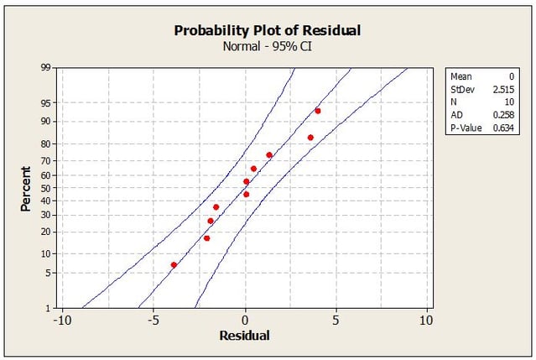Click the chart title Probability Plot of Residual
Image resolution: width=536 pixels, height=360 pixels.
click(x=267, y=30)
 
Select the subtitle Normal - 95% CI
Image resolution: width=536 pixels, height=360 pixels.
click(x=267, y=47)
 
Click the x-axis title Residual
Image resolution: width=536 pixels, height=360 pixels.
click(x=244, y=336)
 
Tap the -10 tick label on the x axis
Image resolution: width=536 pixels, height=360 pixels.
click(x=60, y=320)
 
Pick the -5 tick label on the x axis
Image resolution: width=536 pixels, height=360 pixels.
click(x=154, y=320)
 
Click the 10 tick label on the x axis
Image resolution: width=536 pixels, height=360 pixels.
click(x=426, y=320)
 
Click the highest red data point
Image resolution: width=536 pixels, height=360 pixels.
click(x=318, y=111)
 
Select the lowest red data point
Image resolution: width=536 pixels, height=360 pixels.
click(x=174, y=264)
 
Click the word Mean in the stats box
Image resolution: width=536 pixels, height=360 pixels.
click(x=461, y=76)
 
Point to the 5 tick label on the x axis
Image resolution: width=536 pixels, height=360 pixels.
click(x=336, y=320)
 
